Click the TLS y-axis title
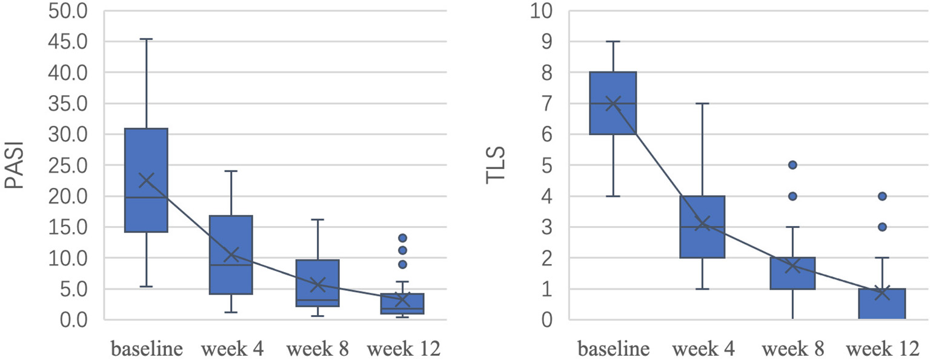point(496,165)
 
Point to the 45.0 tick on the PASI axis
point(71,42)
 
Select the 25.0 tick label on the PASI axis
point(71,165)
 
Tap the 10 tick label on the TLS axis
point(543,11)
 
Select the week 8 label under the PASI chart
point(317,349)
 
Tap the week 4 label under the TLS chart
point(703,349)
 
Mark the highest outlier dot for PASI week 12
point(402,238)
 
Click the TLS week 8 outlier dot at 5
point(792,165)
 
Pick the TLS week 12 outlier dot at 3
point(882,227)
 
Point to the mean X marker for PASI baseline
point(146,180)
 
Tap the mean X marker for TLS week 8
point(792,265)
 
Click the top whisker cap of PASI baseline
point(146,39)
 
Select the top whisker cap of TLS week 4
point(703,104)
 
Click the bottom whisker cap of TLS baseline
point(613,196)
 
